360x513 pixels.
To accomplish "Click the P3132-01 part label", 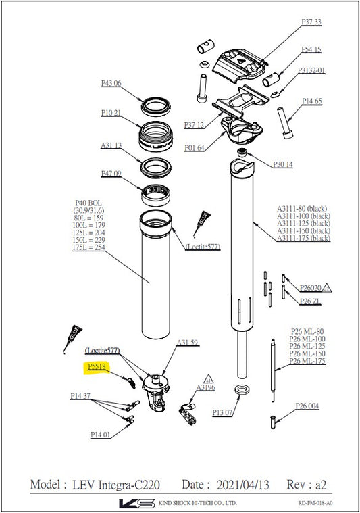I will coord(312,70).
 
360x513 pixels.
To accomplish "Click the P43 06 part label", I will coord(111,83).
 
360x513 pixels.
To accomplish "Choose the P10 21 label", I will coord(111,112).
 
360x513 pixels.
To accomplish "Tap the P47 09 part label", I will coord(111,174).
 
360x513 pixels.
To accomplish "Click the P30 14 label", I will coord(283,164).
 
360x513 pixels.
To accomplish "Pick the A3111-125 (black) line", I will coord(303,223).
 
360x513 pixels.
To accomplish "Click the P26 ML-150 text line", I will coord(307,353).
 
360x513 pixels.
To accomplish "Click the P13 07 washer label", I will coord(222,412).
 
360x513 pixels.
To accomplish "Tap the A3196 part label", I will coord(206,387).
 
